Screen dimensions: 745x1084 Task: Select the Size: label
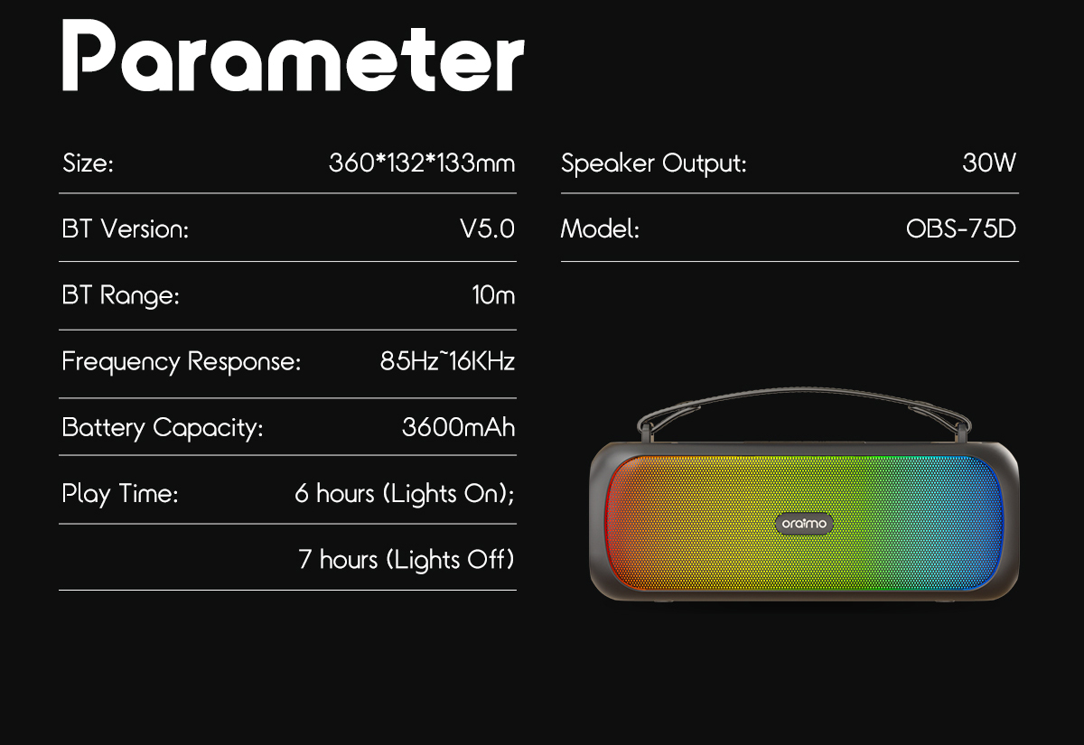pyautogui.click(x=88, y=164)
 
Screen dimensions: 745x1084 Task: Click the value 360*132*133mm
pyautogui.click(x=422, y=163)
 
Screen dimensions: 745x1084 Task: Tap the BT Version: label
pyautogui.click(x=126, y=229)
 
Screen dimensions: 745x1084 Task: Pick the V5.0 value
pyautogui.click(x=487, y=229)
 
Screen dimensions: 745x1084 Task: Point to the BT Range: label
pyautogui.click(x=121, y=296)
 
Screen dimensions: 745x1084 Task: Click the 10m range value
pyautogui.click(x=493, y=295)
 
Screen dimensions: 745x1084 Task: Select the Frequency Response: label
pyautogui.click(x=181, y=362)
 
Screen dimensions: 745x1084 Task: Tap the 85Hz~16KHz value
pyautogui.click(x=447, y=362)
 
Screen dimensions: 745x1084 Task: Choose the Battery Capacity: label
pyautogui.click(x=163, y=427)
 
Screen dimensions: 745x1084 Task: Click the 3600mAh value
pyautogui.click(x=458, y=427)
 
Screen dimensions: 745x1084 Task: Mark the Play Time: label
pyautogui.click(x=120, y=494)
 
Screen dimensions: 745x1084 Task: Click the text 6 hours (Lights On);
pyautogui.click(x=405, y=494)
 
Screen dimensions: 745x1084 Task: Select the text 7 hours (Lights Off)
pyautogui.click(x=406, y=560)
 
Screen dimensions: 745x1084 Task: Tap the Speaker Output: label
pyautogui.click(x=653, y=164)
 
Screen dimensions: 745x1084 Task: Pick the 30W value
pyautogui.click(x=989, y=163)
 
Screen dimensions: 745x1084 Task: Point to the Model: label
pyautogui.click(x=600, y=229)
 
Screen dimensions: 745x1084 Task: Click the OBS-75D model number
pyautogui.click(x=960, y=229)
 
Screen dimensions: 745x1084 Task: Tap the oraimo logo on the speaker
pyautogui.click(x=803, y=523)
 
